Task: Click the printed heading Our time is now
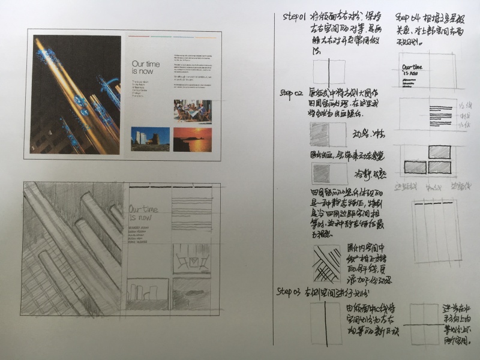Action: pyautogui.click(x=146, y=67)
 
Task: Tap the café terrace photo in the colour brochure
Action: pyautogui.click(x=193, y=111)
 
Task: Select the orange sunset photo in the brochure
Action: pyautogui.click(x=193, y=139)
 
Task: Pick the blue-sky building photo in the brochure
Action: pyautogui.click(x=150, y=139)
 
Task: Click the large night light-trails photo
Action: pyautogui.click(x=76, y=94)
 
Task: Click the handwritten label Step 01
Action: pyautogui.click(x=295, y=16)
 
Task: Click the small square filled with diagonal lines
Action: pyautogui.click(x=327, y=263)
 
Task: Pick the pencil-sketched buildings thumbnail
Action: pyautogui.click(x=147, y=293)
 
